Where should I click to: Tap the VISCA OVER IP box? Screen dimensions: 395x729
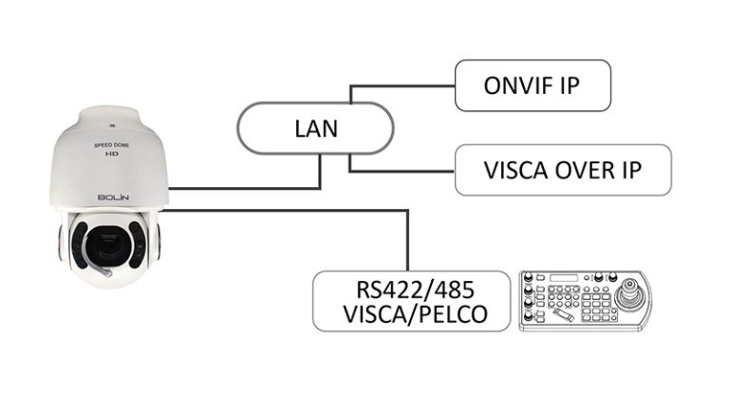point(563,171)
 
